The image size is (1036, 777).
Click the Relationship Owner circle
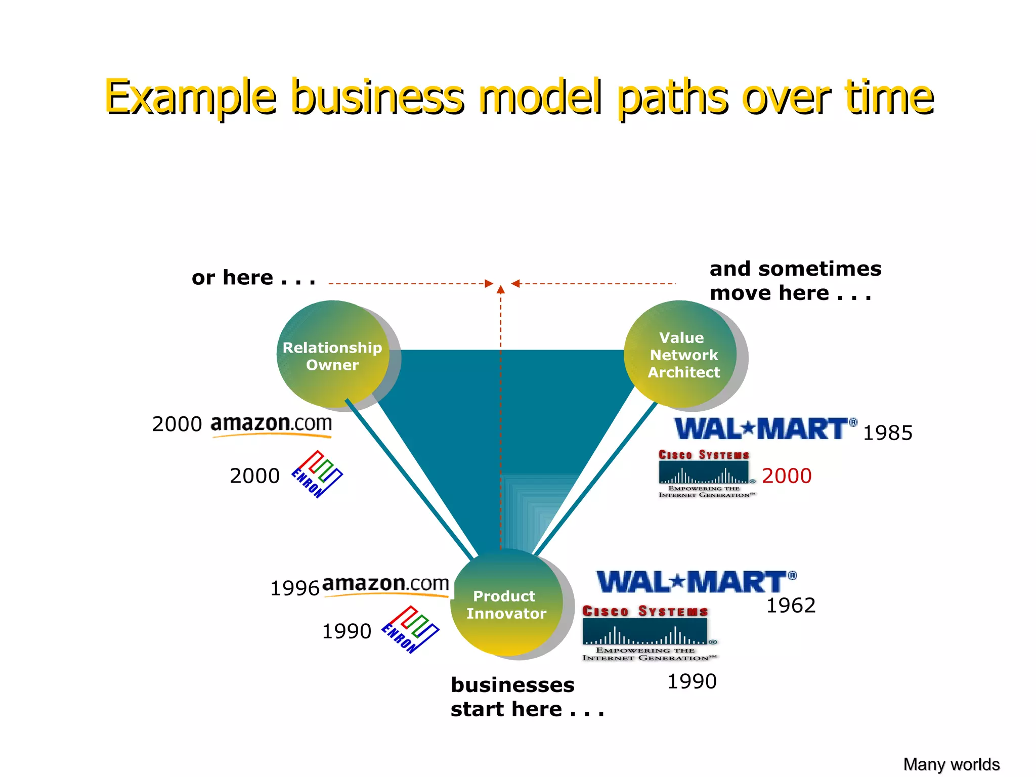pos(333,355)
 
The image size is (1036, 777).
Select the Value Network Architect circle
pos(680,355)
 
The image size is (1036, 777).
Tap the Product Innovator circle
pos(506,603)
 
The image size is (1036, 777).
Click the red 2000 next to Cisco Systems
pos(787,476)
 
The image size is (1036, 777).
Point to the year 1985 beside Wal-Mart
pos(887,433)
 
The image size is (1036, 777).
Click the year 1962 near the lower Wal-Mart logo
pos(791,606)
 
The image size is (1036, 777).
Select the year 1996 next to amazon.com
pos(295,588)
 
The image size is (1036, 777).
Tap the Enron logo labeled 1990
pos(410,630)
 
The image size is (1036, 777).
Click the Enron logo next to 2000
pos(317,474)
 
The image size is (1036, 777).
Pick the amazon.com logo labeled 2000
pos(271,425)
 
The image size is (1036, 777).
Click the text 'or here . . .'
pos(253,278)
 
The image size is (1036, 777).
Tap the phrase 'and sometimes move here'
pos(795,281)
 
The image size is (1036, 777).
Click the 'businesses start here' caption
pos(526,697)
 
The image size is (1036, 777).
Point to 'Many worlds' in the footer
pos(951,764)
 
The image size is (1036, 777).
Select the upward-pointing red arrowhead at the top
pos(501,289)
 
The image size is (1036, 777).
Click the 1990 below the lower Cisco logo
pos(692,681)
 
